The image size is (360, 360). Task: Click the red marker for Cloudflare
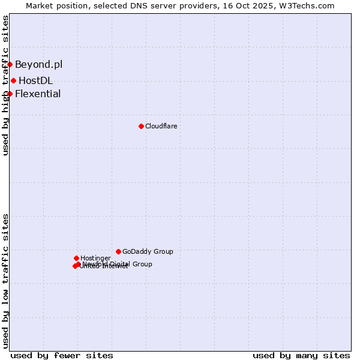(x=141, y=126)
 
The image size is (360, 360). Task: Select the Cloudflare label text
(x=161, y=126)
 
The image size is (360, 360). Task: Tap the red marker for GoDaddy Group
(x=118, y=251)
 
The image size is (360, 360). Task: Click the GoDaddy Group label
(x=148, y=251)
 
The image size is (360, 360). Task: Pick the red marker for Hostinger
(x=76, y=258)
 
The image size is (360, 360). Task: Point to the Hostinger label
(x=95, y=258)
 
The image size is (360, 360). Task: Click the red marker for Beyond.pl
(x=10, y=64)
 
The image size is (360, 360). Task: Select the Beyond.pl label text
(x=38, y=64)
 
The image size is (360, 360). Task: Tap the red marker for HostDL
(x=13, y=80)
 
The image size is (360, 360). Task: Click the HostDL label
(x=35, y=80)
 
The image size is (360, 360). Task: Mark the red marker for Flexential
(x=10, y=94)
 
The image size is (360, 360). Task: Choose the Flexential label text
(x=38, y=94)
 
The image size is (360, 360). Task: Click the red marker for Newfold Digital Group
(x=78, y=264)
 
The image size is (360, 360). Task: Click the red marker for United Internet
(x=75, y=266)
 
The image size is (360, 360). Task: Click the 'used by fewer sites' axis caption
(x=62, y=355)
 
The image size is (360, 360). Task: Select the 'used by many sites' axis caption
(x=301, y=355)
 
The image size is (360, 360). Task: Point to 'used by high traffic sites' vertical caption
(x=5, y=85)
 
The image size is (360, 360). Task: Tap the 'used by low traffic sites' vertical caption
(x=5, y=281)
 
